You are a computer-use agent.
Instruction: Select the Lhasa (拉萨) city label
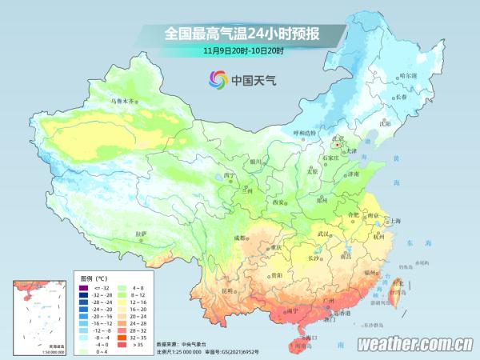coord(141,234)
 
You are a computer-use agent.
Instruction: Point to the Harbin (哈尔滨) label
coord(408,74)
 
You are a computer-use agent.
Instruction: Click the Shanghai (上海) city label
coord(394,221)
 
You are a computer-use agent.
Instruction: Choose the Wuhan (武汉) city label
coord(324,234)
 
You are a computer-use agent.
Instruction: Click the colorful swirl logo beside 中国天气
coord(218,80)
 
